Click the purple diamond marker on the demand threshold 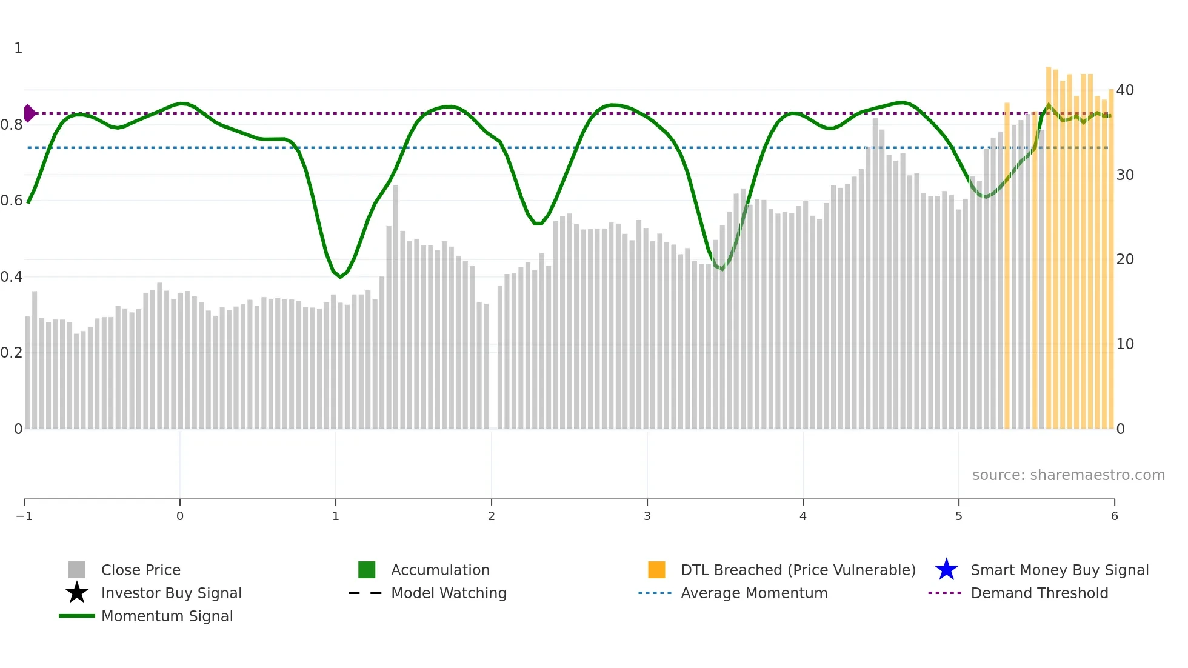pos(29,113)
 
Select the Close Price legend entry pos(140,570)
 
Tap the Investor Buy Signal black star pos(77,593)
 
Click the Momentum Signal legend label pos(167,616)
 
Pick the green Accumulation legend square pos(367,570)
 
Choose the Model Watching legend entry pos(448,593)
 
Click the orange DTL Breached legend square pos(656,570)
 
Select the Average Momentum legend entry pos(753,593)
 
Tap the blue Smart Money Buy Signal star pos(946,570)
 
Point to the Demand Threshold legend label pos(1039,593)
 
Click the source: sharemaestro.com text pos(1068,475)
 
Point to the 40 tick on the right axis pos(1125,90)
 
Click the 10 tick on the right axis pos(1125,344)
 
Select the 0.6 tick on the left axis pos(12,201)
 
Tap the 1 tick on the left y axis pos(18,48)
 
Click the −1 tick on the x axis pos(24,516)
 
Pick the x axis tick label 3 pos(647,516)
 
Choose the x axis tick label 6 pos(1114,516)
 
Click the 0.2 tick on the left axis pos(12,353)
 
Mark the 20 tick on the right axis pos(1125,259)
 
